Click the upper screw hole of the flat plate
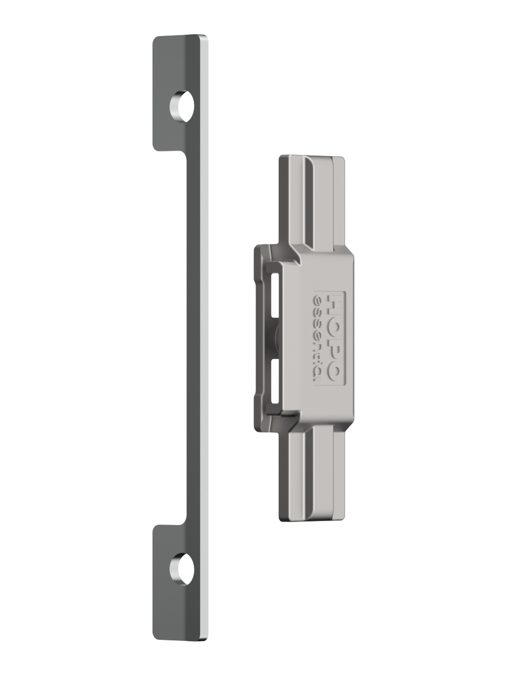(181, 106)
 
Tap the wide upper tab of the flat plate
(180, 92)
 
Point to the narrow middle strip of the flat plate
(196, 338)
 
